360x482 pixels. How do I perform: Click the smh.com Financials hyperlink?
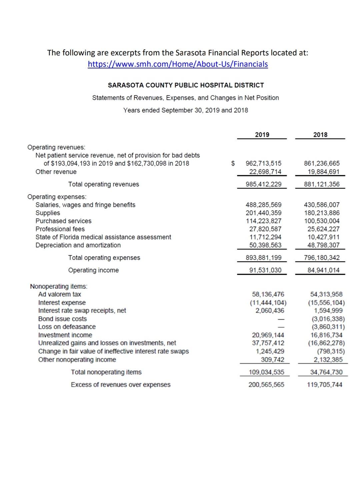178,64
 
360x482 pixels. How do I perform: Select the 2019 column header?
262,134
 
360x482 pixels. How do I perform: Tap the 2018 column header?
320,134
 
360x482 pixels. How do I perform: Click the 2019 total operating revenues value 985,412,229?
263,184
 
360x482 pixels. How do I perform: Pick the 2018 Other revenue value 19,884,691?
322,172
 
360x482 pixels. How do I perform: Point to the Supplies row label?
48,213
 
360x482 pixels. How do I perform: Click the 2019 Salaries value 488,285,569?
263,205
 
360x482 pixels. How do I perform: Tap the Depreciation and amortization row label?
78,245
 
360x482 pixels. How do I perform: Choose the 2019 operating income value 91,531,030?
265,270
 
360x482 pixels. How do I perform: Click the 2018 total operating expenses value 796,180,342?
322,258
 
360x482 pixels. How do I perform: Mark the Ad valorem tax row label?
60,294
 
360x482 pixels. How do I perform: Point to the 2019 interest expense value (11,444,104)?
268,303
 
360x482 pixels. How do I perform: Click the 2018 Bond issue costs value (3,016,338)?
326,319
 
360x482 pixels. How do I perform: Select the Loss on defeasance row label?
67,327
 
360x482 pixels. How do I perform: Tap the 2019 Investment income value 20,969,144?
268,335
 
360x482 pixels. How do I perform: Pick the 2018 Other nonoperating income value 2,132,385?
328,360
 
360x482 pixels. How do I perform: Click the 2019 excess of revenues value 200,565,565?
266,385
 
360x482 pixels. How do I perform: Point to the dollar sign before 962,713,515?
233,163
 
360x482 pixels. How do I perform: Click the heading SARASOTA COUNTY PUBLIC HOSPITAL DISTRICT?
186,85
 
